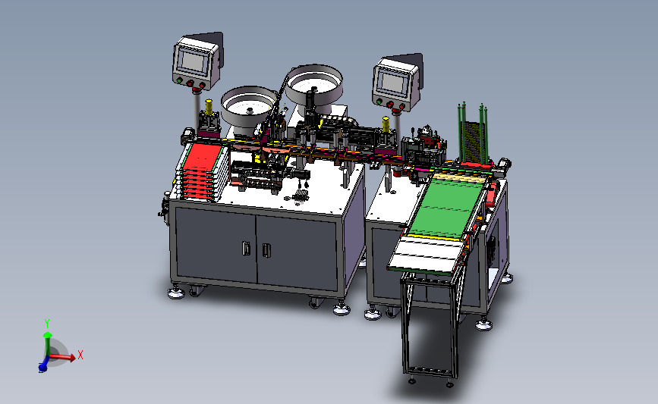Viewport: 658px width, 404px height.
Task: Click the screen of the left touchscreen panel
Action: click(x=193, y=61)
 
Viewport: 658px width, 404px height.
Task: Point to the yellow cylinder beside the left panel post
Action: click(x=209, y=108)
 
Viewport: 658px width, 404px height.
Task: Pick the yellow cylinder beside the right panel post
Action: click(x=386, y=124)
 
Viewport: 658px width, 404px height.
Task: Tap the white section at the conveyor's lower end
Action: click(x=426, y=254)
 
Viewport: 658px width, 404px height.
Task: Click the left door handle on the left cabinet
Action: click(x=247, y=248)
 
